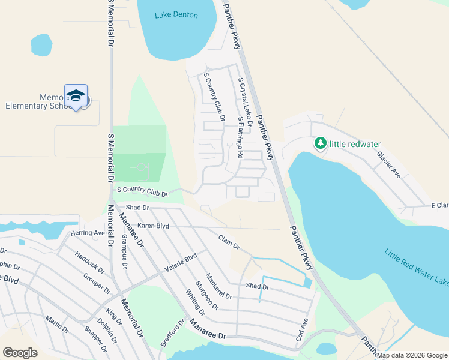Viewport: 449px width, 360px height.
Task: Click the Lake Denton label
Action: pos(176,14)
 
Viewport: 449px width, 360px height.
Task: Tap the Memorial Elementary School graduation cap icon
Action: pos(76,95)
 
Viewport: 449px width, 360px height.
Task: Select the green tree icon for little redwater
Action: pos(321,143)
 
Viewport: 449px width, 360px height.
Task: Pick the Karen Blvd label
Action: pos(153,226)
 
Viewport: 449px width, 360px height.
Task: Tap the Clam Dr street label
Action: pos(229,242)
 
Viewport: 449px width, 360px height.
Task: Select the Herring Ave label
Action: pos(88,233)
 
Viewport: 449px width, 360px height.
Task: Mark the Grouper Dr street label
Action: pos(97,284)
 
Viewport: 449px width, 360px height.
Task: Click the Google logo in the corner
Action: pos(20,353)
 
